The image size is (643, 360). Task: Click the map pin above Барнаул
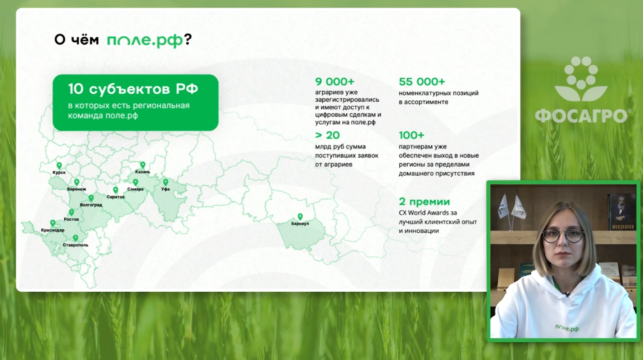300,217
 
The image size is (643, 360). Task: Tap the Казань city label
143,172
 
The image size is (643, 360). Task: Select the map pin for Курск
59,166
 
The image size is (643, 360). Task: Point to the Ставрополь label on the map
75,245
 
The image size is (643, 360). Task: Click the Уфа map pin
166,183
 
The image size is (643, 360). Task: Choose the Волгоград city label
91,205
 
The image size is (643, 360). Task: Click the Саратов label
116,197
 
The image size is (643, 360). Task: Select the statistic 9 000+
335,82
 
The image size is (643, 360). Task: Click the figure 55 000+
422,82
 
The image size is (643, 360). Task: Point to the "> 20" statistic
327,135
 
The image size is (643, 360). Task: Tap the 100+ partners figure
411,135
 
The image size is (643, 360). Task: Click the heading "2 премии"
424,202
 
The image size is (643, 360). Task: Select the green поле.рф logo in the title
145,40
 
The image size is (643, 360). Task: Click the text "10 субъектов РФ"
133,89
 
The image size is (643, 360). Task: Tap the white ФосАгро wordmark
581,116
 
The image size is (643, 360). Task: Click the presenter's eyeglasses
563,235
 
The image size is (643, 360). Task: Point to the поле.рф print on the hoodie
567,328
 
